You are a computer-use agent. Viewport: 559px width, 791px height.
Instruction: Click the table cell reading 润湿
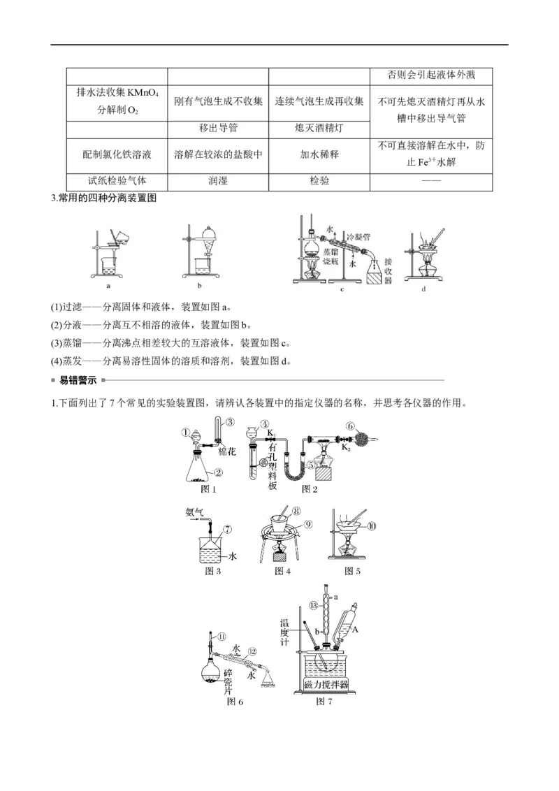(218, 180)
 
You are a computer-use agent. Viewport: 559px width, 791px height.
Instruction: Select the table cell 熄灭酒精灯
(319, 129)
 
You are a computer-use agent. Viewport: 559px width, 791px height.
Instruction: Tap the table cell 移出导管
(218, 129)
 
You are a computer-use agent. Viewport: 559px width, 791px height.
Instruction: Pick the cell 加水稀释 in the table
(319, 154)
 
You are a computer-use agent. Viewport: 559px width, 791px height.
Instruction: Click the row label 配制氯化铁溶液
(117, 154)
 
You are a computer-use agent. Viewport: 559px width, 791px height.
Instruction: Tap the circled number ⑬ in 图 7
(314, 604)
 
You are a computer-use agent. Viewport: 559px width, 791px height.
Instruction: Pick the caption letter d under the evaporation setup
(423, 288)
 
